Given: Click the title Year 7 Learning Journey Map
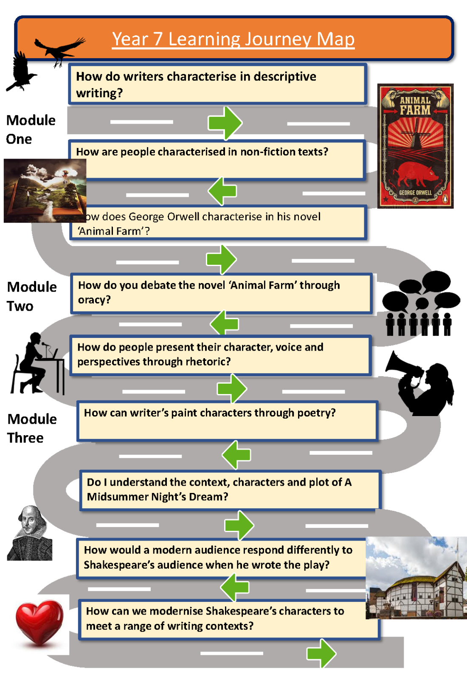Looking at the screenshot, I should [x=233, y=39].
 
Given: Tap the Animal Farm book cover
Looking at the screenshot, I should [x=415, y=146].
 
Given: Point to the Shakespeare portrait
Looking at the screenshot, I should [x=30, y=533].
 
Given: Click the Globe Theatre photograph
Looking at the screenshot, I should [x=416, y=578].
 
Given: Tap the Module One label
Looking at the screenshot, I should [x=30, y=129].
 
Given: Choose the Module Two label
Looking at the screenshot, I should [x=31, y=296].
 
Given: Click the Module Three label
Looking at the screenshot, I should [x=31, y=428].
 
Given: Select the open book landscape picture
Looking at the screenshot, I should [x=45, y=191].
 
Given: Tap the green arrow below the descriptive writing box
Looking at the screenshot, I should [x=225, y=123].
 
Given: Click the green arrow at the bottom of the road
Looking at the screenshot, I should [x=321, y=653].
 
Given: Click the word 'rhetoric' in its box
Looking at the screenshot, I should [x=208, y=362].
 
